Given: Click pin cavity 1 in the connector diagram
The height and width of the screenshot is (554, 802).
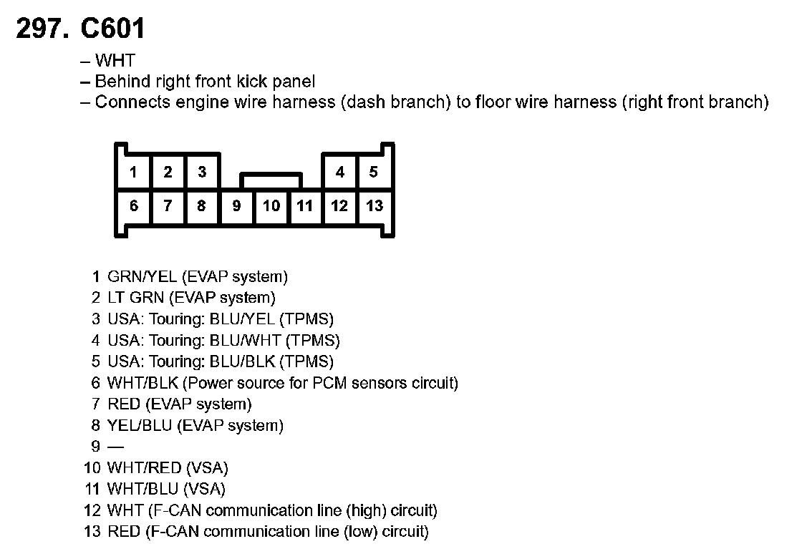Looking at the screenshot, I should (x=133, y=172).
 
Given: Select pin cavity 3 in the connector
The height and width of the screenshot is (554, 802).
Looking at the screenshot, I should (x=202, y=172).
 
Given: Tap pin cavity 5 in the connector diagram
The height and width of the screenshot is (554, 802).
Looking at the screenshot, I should (x=374, y=172).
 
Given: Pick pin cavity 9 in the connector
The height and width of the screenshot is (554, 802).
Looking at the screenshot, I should (x=236, y=206).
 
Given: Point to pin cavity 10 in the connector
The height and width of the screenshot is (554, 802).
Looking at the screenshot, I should (x=271, y=206).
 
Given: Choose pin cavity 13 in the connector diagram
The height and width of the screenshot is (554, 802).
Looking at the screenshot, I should (x=375, y=206).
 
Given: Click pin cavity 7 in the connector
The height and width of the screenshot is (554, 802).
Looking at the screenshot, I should (x=168, y=206).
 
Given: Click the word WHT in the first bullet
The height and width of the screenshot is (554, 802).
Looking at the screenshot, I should (x=115, y=62).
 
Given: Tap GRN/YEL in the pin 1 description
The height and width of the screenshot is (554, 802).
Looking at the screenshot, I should (x=142, y=276).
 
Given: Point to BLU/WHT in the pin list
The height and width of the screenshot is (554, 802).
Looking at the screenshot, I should (x=243, y=340).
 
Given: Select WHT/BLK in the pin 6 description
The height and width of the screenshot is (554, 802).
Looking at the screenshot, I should (x=142, y=383).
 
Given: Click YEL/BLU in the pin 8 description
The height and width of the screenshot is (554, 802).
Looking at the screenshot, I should (x=140, y=426).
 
